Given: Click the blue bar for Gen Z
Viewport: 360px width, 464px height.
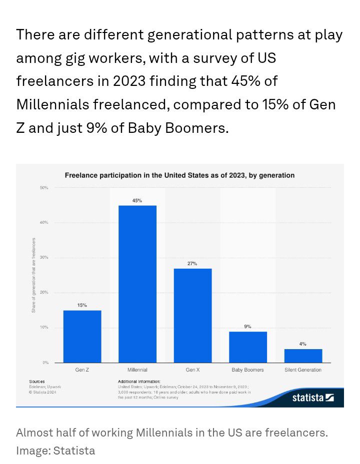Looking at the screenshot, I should tap(82, 336).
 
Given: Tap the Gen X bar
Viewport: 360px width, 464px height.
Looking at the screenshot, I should tap(192, 315).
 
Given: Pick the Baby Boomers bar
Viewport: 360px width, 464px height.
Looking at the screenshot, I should tap(247, 347).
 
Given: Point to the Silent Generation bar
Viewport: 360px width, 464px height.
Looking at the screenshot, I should tap(303, 356).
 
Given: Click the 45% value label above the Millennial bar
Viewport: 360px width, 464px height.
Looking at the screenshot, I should tap(137, 200).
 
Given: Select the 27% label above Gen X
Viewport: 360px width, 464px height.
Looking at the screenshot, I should tap(192, 263).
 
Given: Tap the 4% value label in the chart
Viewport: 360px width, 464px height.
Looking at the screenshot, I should tap(303, 344).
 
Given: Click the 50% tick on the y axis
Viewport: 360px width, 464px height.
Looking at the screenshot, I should tap(44, 188).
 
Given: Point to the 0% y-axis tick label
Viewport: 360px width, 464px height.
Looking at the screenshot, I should tap(45, 363).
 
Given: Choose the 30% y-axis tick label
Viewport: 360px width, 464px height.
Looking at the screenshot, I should tap(44, 258).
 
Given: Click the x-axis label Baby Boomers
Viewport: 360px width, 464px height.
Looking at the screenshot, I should tap(247, 370).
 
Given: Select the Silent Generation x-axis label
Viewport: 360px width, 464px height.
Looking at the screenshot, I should tap(303, 370).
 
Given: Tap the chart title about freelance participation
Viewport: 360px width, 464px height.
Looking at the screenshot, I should tap(179, 175).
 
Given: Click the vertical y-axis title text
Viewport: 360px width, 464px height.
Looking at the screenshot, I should tap(33, 275).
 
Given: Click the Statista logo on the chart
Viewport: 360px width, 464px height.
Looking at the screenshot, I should tap(313, 398).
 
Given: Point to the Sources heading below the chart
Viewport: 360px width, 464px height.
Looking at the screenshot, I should tap(37, 381).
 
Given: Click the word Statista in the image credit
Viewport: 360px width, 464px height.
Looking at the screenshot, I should tap(74, 451).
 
